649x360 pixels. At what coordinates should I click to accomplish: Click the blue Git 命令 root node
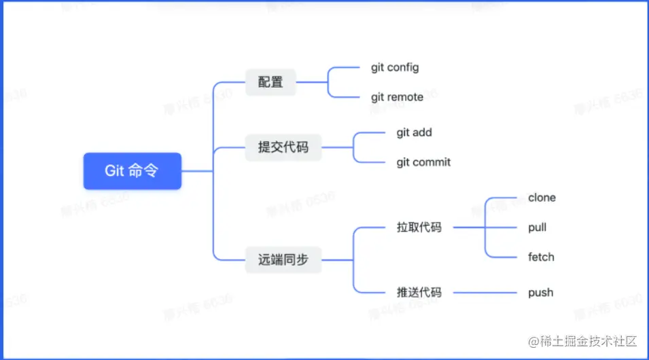132,171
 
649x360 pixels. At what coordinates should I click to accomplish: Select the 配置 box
270,82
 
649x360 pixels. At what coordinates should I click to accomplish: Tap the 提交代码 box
283,147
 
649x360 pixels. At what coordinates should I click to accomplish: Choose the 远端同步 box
283,259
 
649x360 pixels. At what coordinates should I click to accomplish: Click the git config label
395,67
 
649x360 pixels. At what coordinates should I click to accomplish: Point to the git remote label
397,97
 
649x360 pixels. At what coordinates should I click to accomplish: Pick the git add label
414,132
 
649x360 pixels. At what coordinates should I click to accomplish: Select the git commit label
423,162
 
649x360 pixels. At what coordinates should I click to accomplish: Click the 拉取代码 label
419,228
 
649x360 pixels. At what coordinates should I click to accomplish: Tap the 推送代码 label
419,293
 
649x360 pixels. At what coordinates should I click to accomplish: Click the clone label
542,198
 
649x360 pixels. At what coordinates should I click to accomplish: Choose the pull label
537,228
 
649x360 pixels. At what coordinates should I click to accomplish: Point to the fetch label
541,257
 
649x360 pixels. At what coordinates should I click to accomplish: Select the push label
540,293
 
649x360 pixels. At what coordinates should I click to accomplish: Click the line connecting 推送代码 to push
484,293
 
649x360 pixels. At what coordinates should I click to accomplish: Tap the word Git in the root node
115,171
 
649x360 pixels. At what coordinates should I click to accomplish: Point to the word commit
432,162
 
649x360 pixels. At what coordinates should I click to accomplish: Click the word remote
405,97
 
